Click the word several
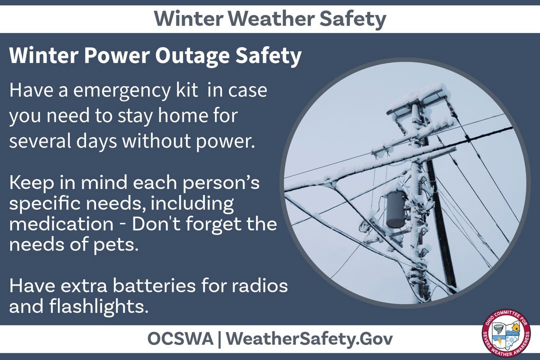(x=38, y=141)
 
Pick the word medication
(x=61, y=224)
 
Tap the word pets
(x=117, y=246)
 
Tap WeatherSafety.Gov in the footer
(x=309, y=338)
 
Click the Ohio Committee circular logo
(x=506, y=334)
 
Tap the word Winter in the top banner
(x=187, y=19)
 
